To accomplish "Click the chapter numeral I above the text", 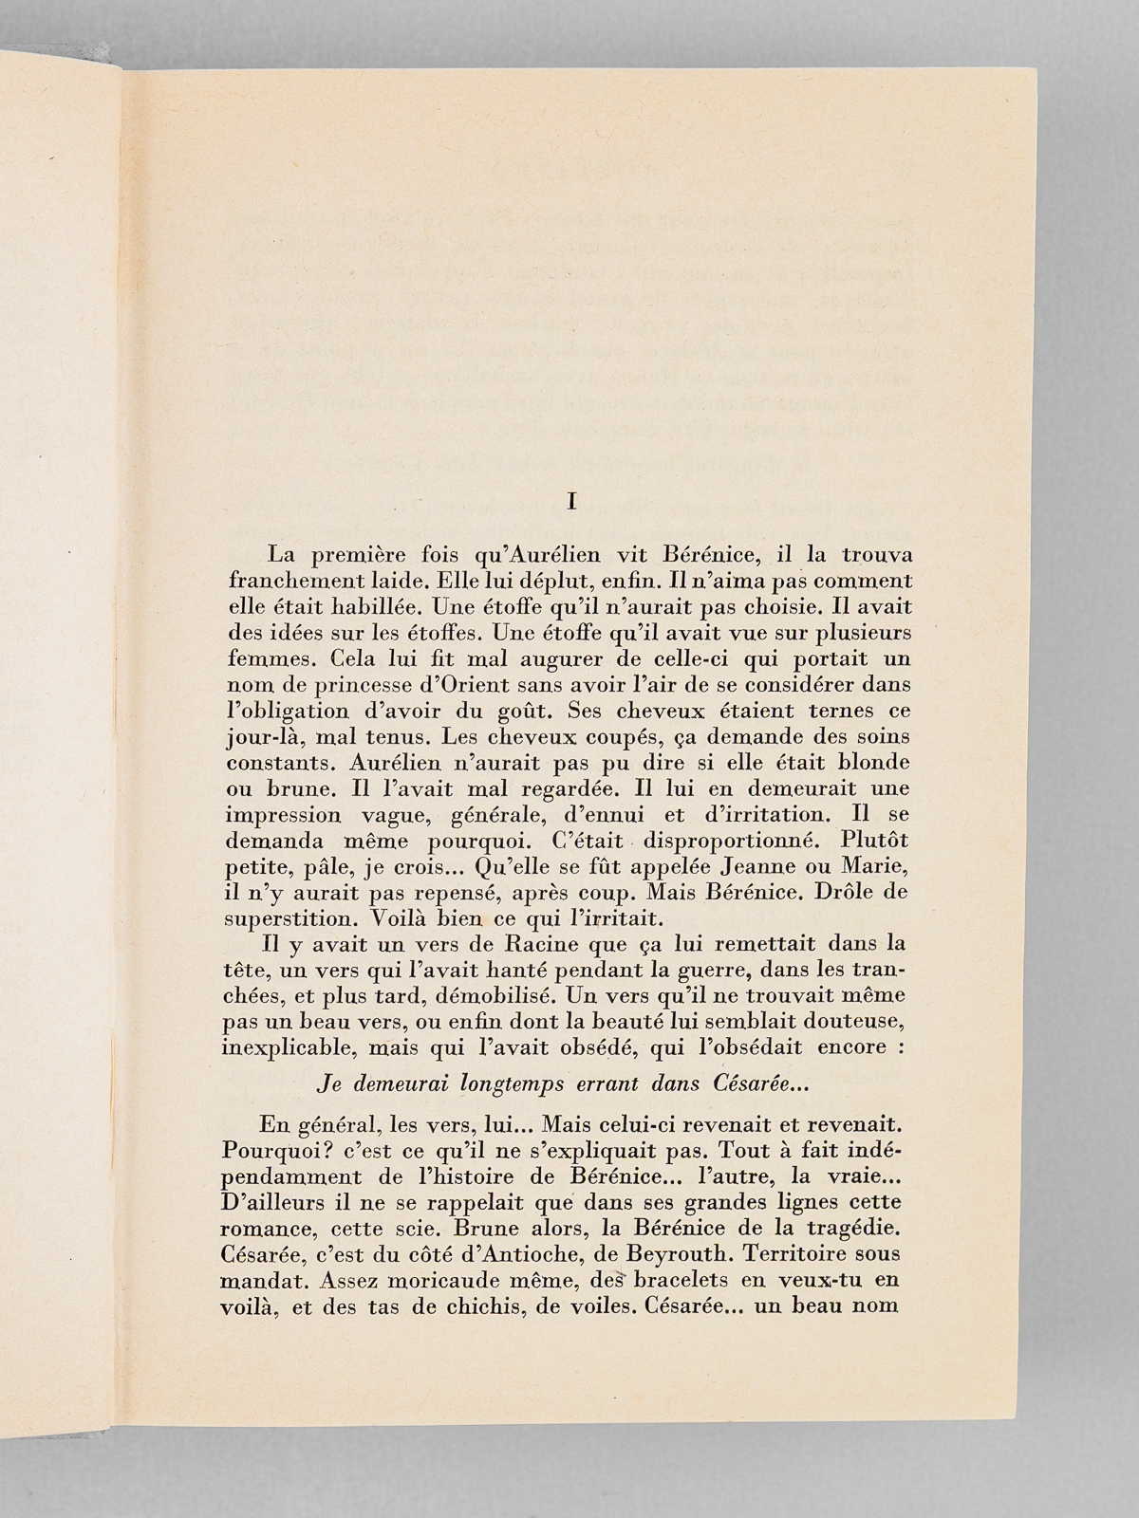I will (x=570, y=502).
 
